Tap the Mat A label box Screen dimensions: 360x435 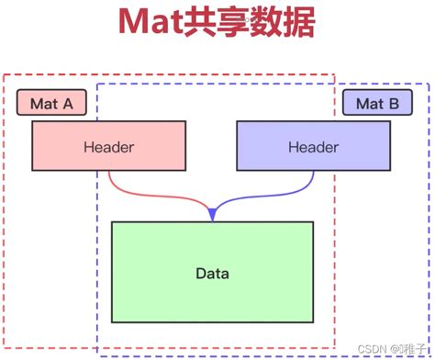[51, 104]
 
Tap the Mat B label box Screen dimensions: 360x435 [376, 104]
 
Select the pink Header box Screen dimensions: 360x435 [109, 147]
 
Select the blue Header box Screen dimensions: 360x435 [313, 147]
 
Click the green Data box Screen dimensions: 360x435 [212, 273]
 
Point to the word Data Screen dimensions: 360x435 [212, 274]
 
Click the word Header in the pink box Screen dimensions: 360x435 [109, 147]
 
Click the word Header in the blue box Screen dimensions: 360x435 [313, 147]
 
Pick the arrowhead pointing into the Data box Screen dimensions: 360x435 [213, 214]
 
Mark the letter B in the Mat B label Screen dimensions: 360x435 [392, 104]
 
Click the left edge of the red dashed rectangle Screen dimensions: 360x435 [4, 211]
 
